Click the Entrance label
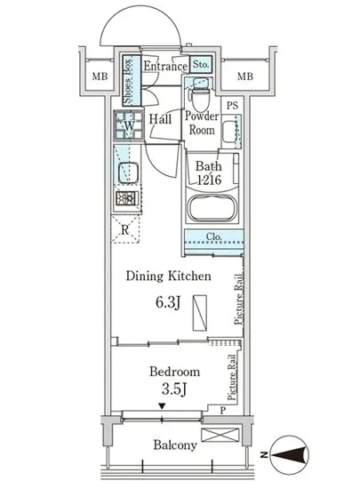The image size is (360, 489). click(x=165, y=66)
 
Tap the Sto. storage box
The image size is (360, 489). click(x=201, y=65)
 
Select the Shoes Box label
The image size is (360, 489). click(x=128, y=80)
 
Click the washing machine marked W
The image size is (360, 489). click(x=129, y=125)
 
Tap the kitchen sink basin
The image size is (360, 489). click(x=128, y=172)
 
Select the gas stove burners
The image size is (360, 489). click(x=126, y=198)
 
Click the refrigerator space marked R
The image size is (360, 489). click(x=125, y=230)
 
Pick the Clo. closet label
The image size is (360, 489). click(x=214, y=236)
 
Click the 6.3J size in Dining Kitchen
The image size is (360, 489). click(x=168, y=302)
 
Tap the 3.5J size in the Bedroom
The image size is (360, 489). click(x=174, y=389)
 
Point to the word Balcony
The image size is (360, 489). click(x=175, y=445)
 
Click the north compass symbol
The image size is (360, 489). click(x=289, y=454)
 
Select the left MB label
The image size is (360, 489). click(x=100, y=76)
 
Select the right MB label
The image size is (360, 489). click(x=245, y=76)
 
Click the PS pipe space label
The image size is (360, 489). click(x=233, y=106)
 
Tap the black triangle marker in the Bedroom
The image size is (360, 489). click(x=162, y=405)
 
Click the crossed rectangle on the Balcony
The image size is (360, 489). click(x=220, y=435)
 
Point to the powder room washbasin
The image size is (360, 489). click(x=230, y=132)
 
